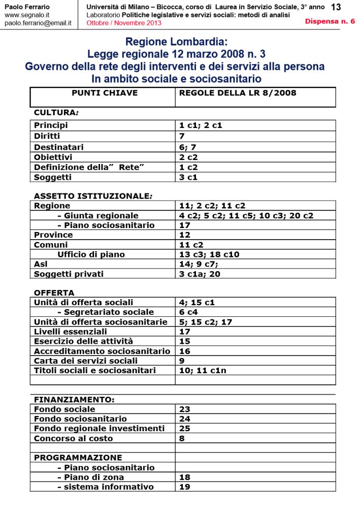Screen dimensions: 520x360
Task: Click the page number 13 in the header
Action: pyautogui.click(x=336, y=7)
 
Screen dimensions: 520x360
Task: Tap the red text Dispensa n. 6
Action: pyautogui.click(x=330, y=21)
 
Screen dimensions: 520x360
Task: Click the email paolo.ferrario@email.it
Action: pyautogui.click(x=38, y=23)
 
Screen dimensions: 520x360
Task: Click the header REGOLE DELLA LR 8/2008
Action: pyautogui.click(x=238, y=93)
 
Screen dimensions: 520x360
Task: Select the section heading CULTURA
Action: pyautogui.click(x=56, y=112)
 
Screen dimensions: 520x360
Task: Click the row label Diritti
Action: pyautogui.click(x=47, y=136)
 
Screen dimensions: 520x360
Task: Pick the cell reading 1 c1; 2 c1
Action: pyautogui.click(x=201, y=125)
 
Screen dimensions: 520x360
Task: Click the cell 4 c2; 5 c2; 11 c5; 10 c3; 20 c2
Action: pyautogui.click(x=246, y=215)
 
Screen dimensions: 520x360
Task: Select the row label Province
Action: pyautogui.click(x=53, y=235)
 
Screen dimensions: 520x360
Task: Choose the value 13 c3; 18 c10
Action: pyautogui.click(x=209, y=254)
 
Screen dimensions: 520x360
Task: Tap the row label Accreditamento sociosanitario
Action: pyautogui.click(x=102, y=351)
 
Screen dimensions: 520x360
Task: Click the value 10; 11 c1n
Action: pyautogui.click(x=203, y=371)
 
